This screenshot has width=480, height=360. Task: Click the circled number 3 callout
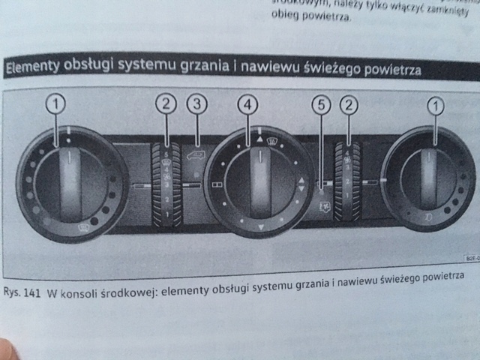pos(197,104)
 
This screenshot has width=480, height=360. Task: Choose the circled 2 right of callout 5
pos(350,106)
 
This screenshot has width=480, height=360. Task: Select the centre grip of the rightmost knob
pos(429,178)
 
